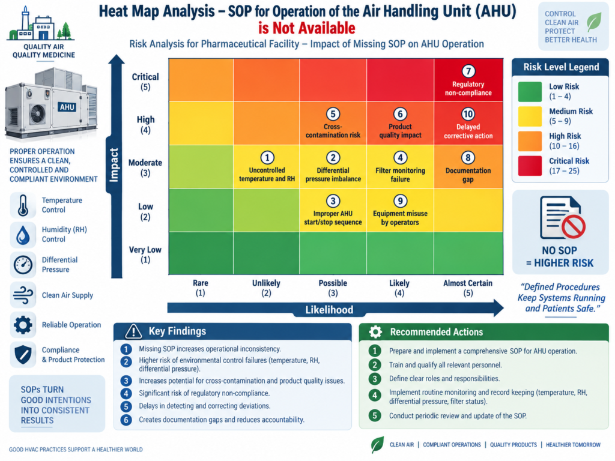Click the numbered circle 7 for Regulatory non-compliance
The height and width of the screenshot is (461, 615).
468,71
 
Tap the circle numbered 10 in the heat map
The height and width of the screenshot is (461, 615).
468,114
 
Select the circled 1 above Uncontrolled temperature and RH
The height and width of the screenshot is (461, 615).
267,158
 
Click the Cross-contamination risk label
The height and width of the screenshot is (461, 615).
333,131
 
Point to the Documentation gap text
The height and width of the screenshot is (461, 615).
468,175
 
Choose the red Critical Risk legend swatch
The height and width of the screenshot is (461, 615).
530,166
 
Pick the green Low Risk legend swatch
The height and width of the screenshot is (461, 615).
530,92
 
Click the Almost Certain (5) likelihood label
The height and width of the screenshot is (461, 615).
468,288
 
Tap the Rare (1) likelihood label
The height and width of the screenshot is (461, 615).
201,288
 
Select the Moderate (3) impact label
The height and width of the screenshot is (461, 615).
145,167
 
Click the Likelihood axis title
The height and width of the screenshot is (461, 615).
330,310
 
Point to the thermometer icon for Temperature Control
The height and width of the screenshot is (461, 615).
23,205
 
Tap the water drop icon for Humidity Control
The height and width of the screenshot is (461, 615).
23,235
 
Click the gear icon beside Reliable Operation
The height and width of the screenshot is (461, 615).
23,325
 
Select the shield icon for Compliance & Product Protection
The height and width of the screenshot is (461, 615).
23,354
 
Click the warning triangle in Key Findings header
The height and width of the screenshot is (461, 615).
133,331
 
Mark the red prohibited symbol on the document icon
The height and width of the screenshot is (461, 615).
573,226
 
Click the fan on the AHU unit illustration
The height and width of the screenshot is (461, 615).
38,114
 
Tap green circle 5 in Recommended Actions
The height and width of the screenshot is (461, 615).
375,415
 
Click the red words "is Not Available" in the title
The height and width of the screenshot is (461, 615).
307,28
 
